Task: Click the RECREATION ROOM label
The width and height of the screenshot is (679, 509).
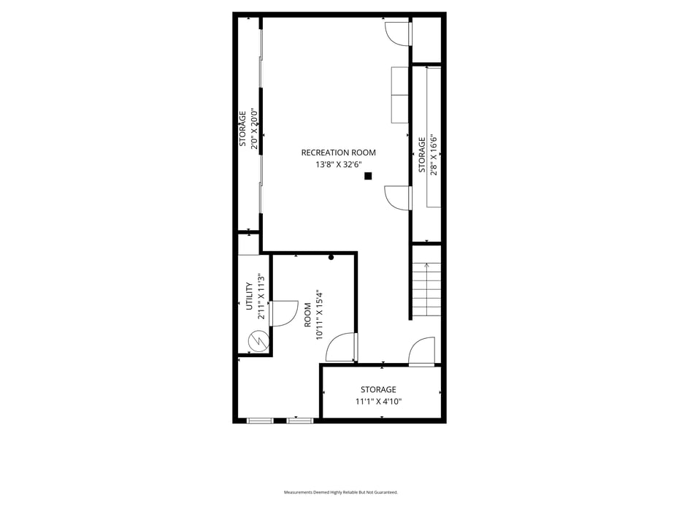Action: point(338,153)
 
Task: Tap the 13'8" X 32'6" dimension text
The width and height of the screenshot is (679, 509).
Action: point(338,164)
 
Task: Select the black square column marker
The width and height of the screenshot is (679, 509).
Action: point(368,176)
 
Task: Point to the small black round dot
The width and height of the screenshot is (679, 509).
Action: point(331,257)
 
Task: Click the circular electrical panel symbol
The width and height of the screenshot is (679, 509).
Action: point(258,341)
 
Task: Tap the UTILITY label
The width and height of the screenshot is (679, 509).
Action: point(249,296)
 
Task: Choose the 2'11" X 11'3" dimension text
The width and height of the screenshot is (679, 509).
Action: point(261,296)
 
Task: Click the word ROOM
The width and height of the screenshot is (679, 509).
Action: point(307,315)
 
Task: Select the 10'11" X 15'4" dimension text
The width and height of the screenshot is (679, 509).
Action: point(320,315)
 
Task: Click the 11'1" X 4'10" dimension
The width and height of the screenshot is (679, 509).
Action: point(378,401)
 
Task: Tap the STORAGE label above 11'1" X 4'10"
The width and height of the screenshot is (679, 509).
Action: point(378,389)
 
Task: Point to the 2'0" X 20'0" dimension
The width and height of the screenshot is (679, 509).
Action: point(255,129)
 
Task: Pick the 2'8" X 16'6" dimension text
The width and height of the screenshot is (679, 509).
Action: point(434,155)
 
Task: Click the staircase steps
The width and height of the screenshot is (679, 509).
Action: point(426,289)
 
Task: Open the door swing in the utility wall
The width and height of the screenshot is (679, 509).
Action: point(283,313)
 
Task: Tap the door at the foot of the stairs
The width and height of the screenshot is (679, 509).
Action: point(422,352)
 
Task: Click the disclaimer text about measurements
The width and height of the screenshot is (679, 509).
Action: point(341,492)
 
